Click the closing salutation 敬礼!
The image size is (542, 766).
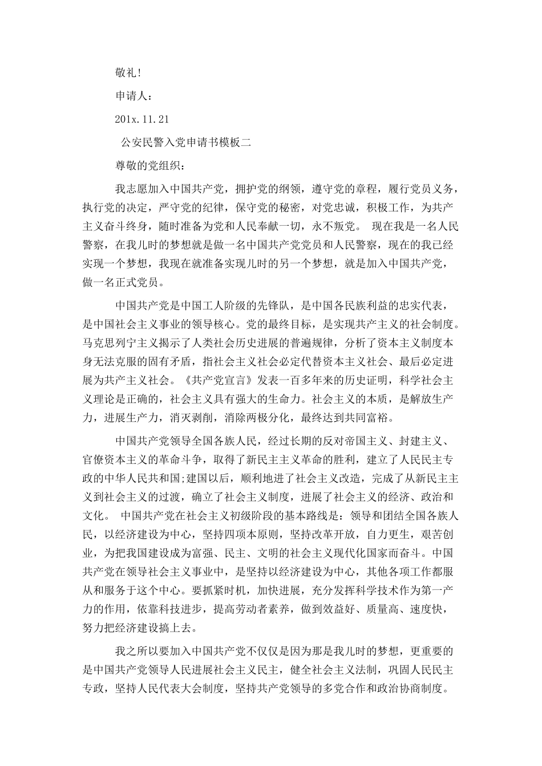click(x=129, y=72)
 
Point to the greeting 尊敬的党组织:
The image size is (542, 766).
click(x=150, y=167)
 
